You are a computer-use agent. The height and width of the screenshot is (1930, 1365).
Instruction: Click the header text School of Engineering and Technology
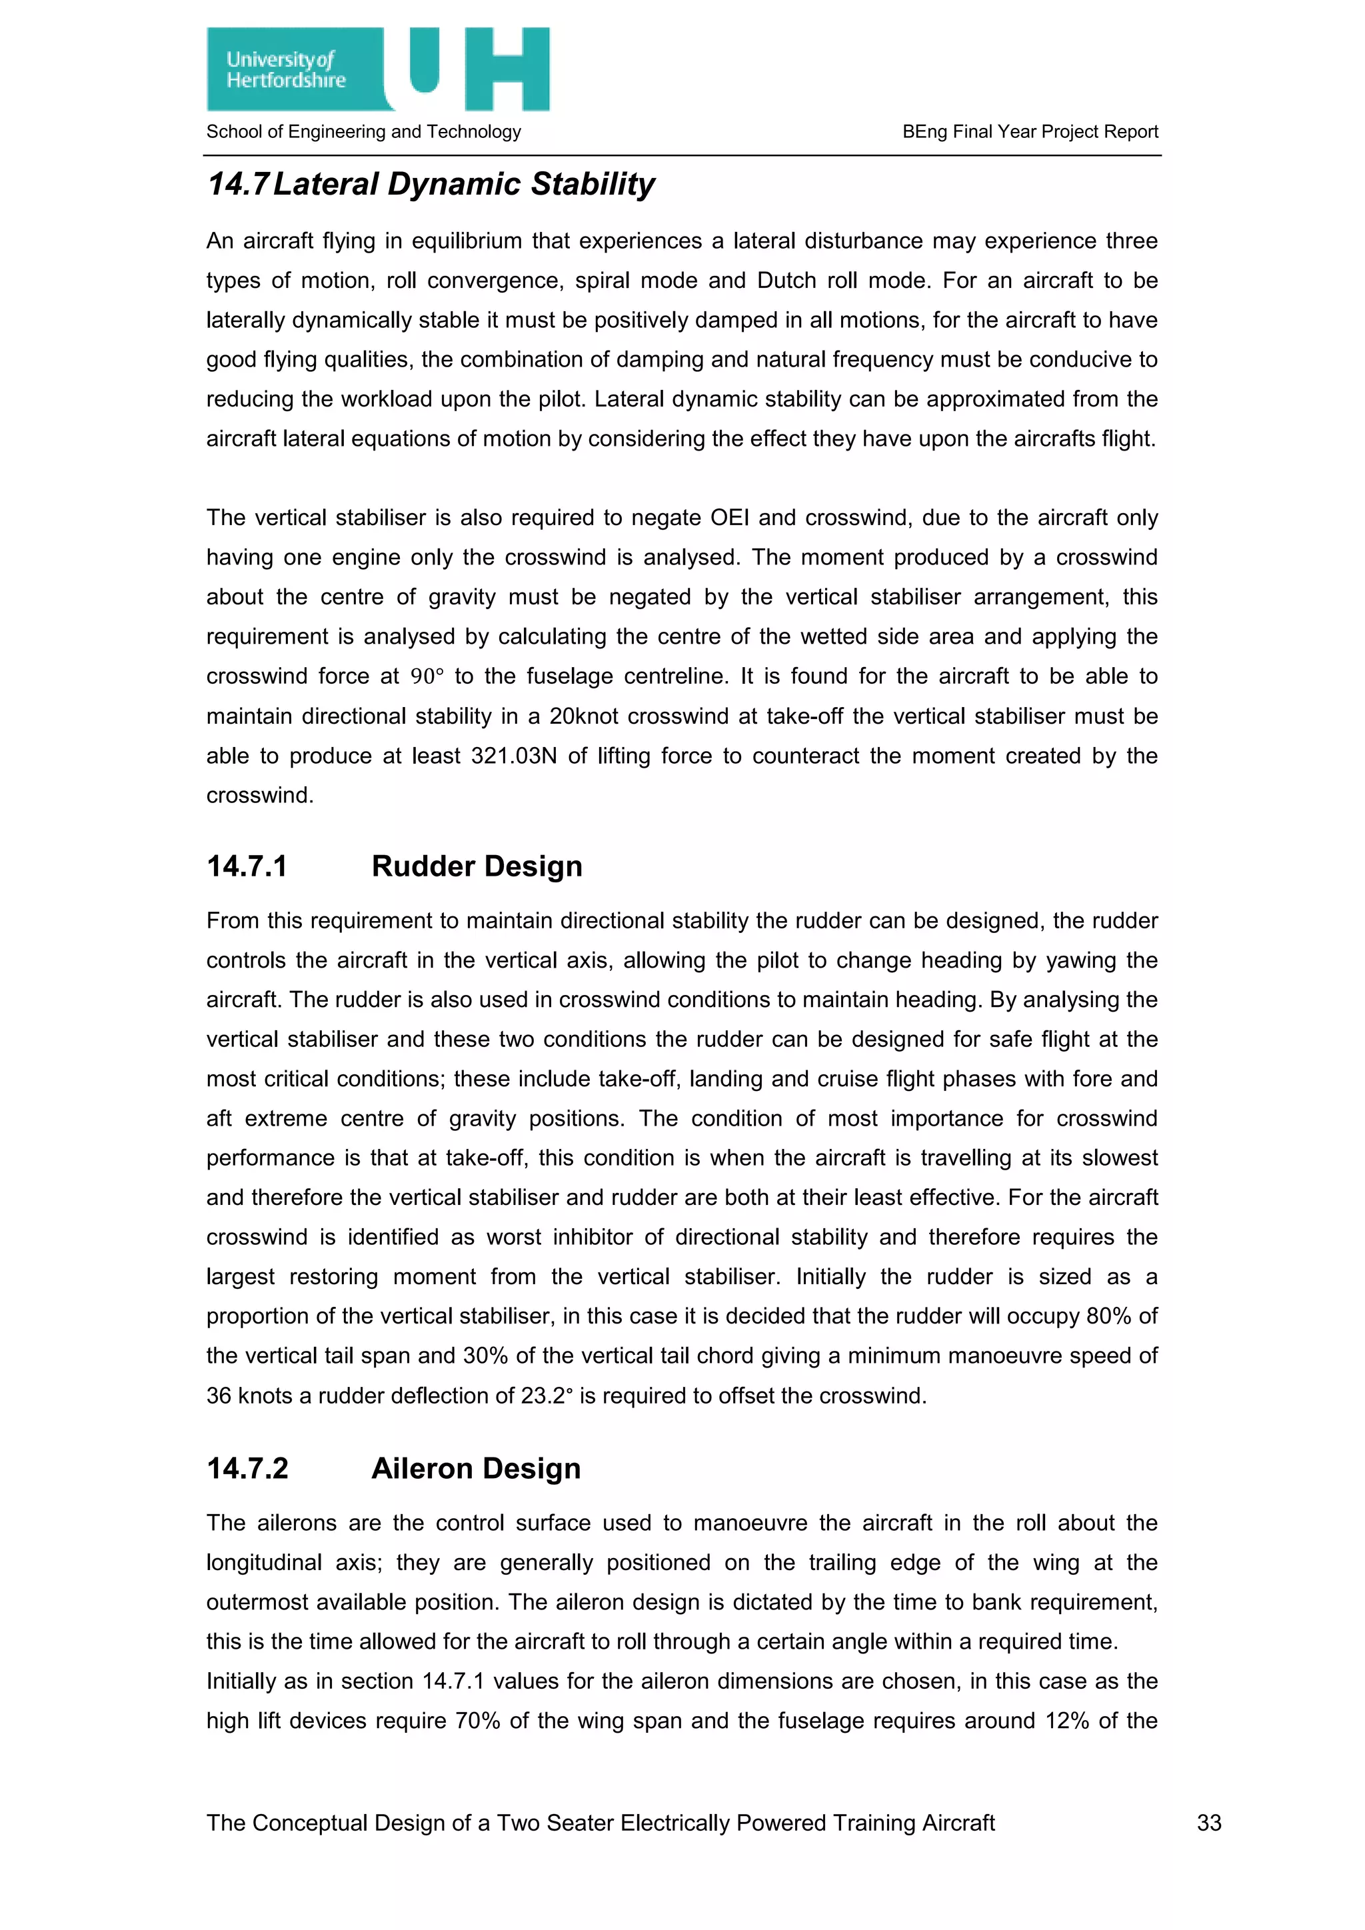(x=363, y=132)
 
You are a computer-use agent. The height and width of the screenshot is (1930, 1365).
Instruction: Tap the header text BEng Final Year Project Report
(x=1030, y=132)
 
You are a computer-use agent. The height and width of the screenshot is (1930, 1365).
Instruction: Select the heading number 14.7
(x=237, y=185)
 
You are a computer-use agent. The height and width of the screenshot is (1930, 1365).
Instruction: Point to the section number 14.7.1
(x=247, y=866)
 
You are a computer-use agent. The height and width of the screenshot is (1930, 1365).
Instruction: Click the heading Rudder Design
(x=477, y=866)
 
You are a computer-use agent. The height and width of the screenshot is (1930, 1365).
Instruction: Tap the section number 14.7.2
(x=247, y=1469)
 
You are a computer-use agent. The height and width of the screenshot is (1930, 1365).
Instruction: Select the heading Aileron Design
(x=476, y=1469)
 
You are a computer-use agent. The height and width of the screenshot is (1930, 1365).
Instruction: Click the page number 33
(x=1208, y=1823)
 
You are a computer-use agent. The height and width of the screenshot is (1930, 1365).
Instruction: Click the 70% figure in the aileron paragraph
(x=477, y=1721)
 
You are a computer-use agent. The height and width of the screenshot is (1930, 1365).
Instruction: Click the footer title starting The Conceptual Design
(x=600, y=1823)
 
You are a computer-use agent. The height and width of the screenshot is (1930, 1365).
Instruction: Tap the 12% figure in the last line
(x=1066, y=1721)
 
